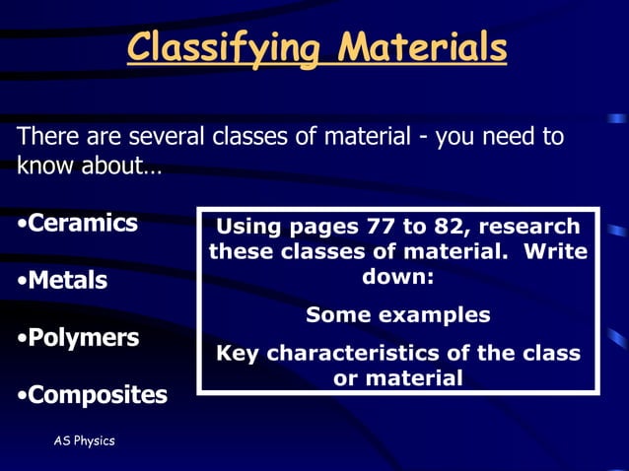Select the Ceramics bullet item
(79, 223)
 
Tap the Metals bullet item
(64, 281)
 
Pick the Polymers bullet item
(80, 338)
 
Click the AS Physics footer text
(84, 440)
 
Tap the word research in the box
(532, 226)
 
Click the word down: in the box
(397, 277)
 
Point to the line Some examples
(397, 315)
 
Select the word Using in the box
(248, 226)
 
